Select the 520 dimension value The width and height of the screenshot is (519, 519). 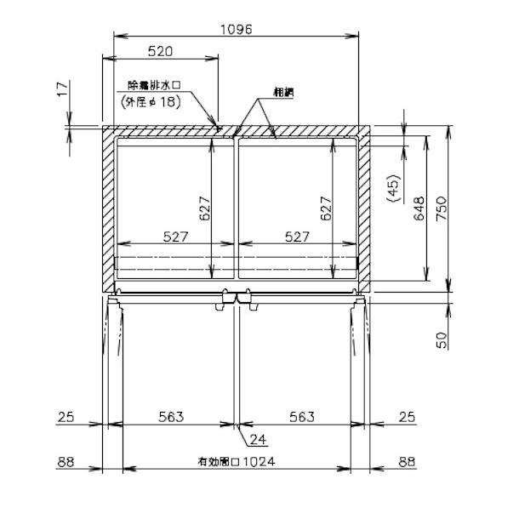pos(160,51)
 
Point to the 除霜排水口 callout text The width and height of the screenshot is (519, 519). pos(157,86)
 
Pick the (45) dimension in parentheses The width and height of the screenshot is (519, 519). pos(392,189)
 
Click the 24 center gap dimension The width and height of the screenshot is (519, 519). pos(259,440)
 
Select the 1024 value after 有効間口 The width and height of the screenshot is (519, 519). pos(259,463)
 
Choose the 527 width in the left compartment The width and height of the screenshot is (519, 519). pos(174,237)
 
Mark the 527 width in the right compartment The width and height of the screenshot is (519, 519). pos(296,237)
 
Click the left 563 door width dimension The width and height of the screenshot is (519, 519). pos(171,416)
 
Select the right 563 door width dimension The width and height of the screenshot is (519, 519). pos(301,416)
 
